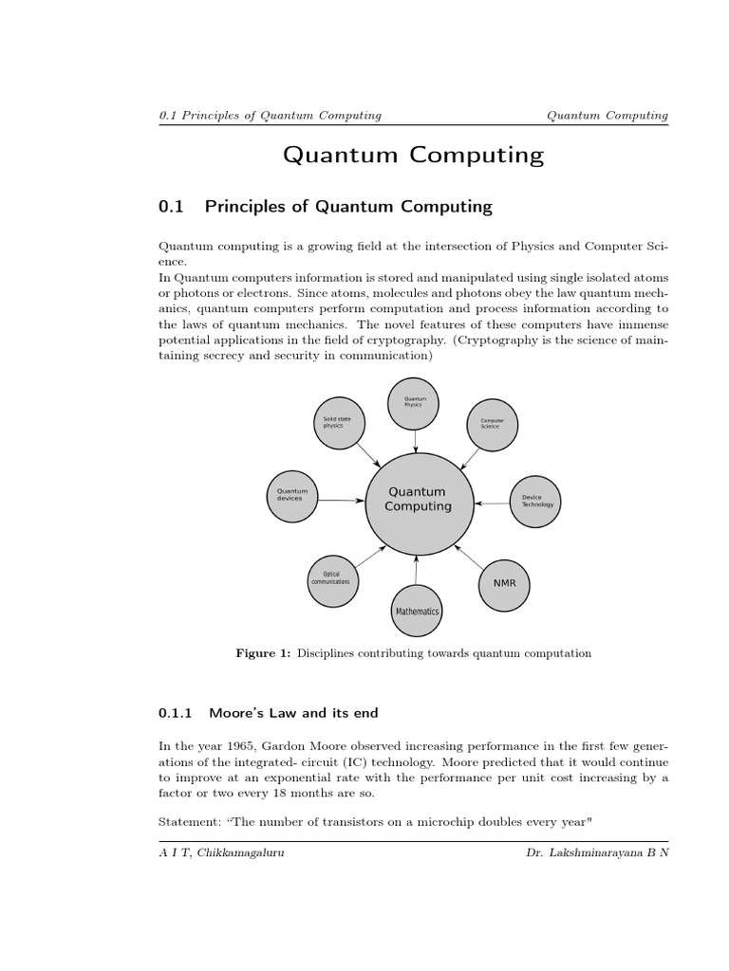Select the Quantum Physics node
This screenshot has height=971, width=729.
[x=415, y=402]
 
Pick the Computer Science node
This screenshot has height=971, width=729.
[x=492, y=423]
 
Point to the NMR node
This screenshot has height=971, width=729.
[x=504, y=582]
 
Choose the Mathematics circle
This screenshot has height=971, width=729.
[x=417, y=612]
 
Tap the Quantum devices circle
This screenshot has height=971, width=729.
[x=291, y=496]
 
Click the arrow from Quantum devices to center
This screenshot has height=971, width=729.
[x=341, y=500]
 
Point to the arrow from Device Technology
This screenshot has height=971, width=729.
[x=491, y=503]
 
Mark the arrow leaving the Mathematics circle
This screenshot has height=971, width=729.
[x=417, y=570]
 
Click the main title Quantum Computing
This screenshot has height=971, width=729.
[x=413, y=155]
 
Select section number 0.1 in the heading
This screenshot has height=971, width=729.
[x=172, y=206]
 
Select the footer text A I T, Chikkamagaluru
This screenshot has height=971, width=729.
[x=221, y=852]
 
